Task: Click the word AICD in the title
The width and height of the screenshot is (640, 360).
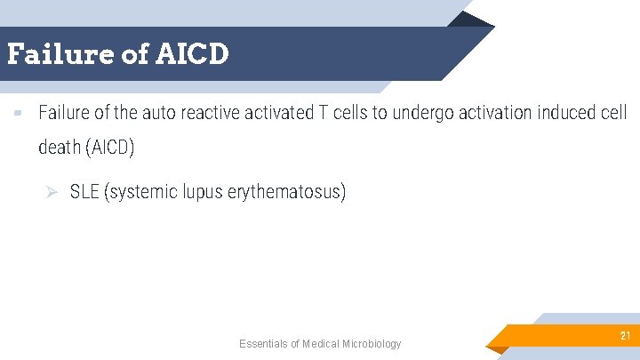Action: point(193,54)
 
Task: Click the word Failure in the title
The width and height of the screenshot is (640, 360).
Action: point(60,54)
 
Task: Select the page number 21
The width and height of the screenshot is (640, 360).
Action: point(625,335)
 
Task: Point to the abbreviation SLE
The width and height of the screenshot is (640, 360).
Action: point(84,192)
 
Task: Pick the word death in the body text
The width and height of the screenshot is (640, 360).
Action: point(60,148)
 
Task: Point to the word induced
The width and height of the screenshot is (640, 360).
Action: point(564,114)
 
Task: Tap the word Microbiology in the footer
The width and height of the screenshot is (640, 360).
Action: point(372,344)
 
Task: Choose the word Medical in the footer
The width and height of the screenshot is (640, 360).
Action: point(321,344)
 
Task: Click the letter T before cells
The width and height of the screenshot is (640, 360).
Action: point(324,114)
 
